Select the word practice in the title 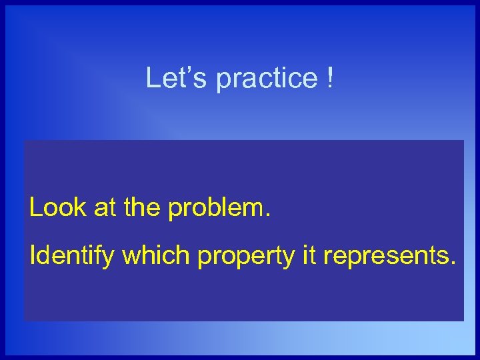(267, 79)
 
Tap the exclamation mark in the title (330, 78)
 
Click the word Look (57, 208)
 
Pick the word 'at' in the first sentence (105, 208)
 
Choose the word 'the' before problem (142, 208)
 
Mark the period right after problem (268, 216)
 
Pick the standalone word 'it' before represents (309, 255)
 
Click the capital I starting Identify (33, 255)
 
